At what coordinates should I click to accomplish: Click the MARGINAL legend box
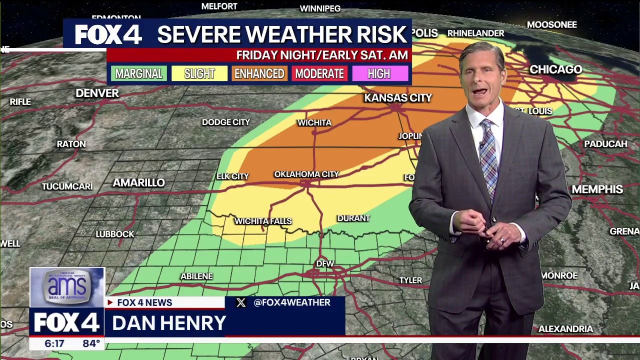(138, 74)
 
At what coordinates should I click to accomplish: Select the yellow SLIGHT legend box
(199, 74)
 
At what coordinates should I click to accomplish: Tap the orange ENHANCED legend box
(259, 74)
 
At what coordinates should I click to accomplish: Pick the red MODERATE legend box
(319, 74)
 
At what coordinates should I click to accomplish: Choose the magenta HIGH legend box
(379, 74)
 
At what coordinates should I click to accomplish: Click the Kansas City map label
(397, 98)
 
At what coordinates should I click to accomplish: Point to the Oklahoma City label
(306, 174)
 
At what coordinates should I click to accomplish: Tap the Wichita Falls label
(263, 221)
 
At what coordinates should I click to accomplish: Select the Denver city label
(97, 93)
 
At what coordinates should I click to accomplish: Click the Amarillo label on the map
(138, 183)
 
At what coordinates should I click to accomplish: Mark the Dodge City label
(225, 122)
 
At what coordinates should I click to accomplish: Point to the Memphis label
(597, 189)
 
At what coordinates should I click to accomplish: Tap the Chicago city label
(555, 69)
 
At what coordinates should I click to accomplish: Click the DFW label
(325, 263)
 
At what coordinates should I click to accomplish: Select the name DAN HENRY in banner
(169, 323)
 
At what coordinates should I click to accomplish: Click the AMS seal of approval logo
(67, 286)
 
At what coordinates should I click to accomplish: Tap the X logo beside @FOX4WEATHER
(241, 302)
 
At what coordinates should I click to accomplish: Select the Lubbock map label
(115, 234)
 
